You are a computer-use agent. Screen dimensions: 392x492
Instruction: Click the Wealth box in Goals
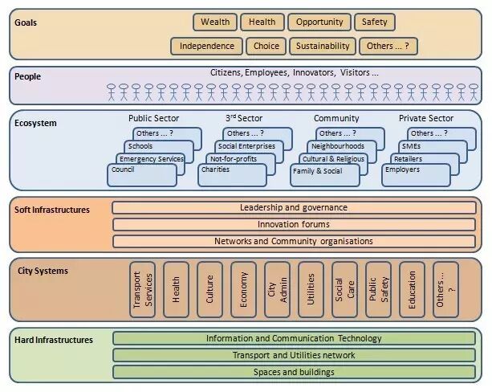214,22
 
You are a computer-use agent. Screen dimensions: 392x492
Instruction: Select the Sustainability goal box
323,46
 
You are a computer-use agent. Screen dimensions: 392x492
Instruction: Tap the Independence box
207,46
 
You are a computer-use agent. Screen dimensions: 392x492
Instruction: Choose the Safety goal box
374,22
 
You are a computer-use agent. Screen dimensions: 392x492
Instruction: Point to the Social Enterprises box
246,146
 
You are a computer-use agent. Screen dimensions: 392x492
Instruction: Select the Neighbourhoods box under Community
338,146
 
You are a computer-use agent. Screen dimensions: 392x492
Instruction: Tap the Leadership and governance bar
294,207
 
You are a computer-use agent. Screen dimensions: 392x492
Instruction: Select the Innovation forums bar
294,224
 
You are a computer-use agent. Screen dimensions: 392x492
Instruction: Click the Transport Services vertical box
142,289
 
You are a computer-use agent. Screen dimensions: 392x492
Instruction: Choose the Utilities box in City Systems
311,289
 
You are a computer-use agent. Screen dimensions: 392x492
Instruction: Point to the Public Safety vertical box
378,289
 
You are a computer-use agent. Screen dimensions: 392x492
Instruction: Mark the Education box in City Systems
412,289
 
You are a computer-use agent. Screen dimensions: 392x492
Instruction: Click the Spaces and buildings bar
294,372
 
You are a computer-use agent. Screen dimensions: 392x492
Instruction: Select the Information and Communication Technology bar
294,338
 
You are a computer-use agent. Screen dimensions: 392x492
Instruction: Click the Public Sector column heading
153,119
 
